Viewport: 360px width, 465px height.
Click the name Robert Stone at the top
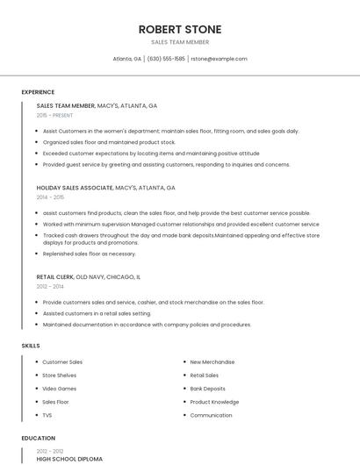(180, 29)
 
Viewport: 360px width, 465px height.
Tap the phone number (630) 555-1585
(166, 59)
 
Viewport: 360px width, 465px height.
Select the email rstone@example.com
(219, 59)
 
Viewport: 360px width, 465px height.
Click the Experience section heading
(38, 92)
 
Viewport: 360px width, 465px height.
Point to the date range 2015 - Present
(54, 115)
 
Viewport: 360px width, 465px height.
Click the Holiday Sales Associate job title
(75, 188)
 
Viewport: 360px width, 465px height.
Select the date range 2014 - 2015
(50, 197)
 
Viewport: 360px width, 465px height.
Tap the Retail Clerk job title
(55, 276)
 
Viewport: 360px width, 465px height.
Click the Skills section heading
(31, 346)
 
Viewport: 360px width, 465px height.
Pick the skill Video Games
(59, 389)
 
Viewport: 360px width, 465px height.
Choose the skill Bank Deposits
(207, 389)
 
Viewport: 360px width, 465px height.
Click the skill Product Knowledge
(214, 402)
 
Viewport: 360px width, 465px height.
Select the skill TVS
(47, 415)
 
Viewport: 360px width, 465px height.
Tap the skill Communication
(211, 415)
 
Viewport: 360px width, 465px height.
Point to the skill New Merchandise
(212, 361)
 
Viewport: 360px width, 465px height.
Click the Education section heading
(38, 438)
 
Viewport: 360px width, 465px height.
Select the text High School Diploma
(69, 459)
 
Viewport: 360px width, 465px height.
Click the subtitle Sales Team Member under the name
(180, 42)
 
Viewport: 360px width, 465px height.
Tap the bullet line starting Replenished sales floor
(89, 254)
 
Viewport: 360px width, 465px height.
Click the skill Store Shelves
(60, 376)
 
